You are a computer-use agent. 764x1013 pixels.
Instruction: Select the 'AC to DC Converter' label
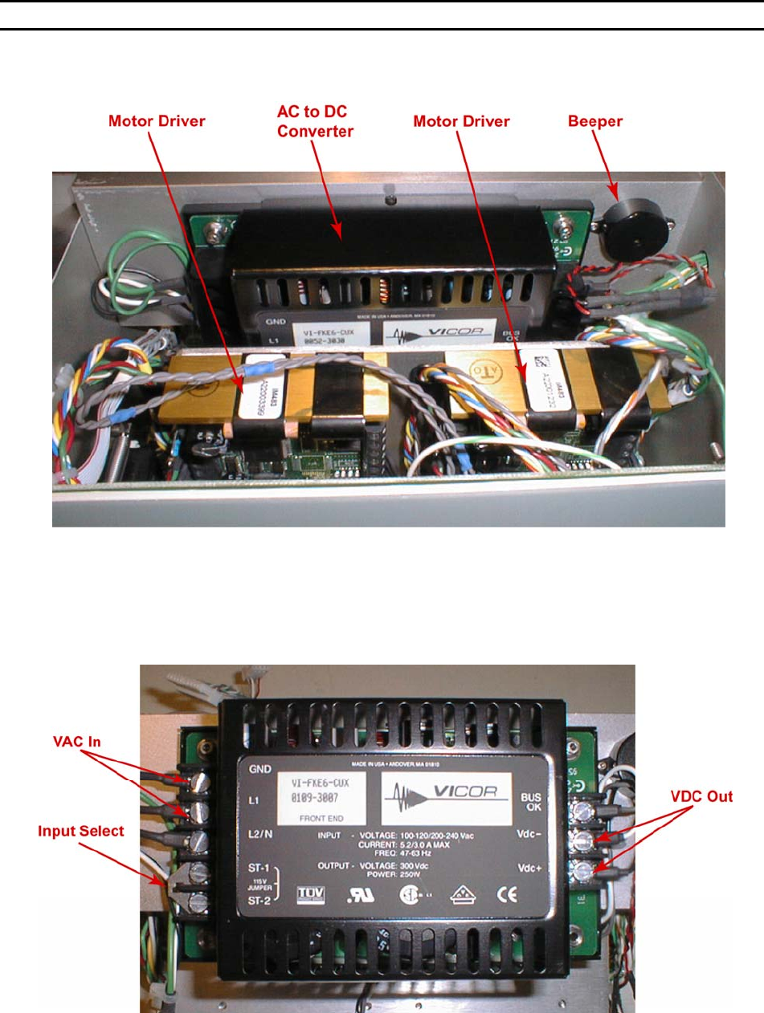click(316, 122)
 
